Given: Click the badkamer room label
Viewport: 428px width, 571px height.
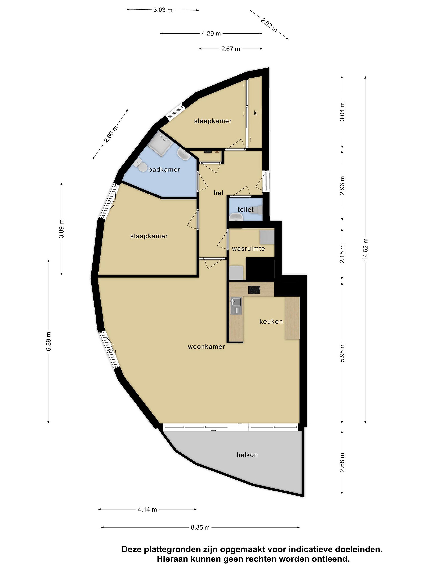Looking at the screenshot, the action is click(164, 170).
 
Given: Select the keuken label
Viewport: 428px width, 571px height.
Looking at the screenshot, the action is click(271, 321).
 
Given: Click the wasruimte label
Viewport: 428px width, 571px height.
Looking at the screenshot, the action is click(248, 249).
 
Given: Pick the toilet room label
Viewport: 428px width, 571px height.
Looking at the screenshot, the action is click(246, 210).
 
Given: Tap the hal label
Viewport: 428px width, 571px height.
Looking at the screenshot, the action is click(218, 193).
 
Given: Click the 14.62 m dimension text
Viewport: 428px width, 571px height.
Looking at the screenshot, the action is click(365, 250).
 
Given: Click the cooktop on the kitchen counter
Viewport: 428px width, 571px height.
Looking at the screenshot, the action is click(254, 290).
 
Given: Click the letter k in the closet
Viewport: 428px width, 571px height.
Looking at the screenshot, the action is click(255, 113).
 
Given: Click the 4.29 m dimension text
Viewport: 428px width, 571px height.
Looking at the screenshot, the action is click(211, 33).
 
